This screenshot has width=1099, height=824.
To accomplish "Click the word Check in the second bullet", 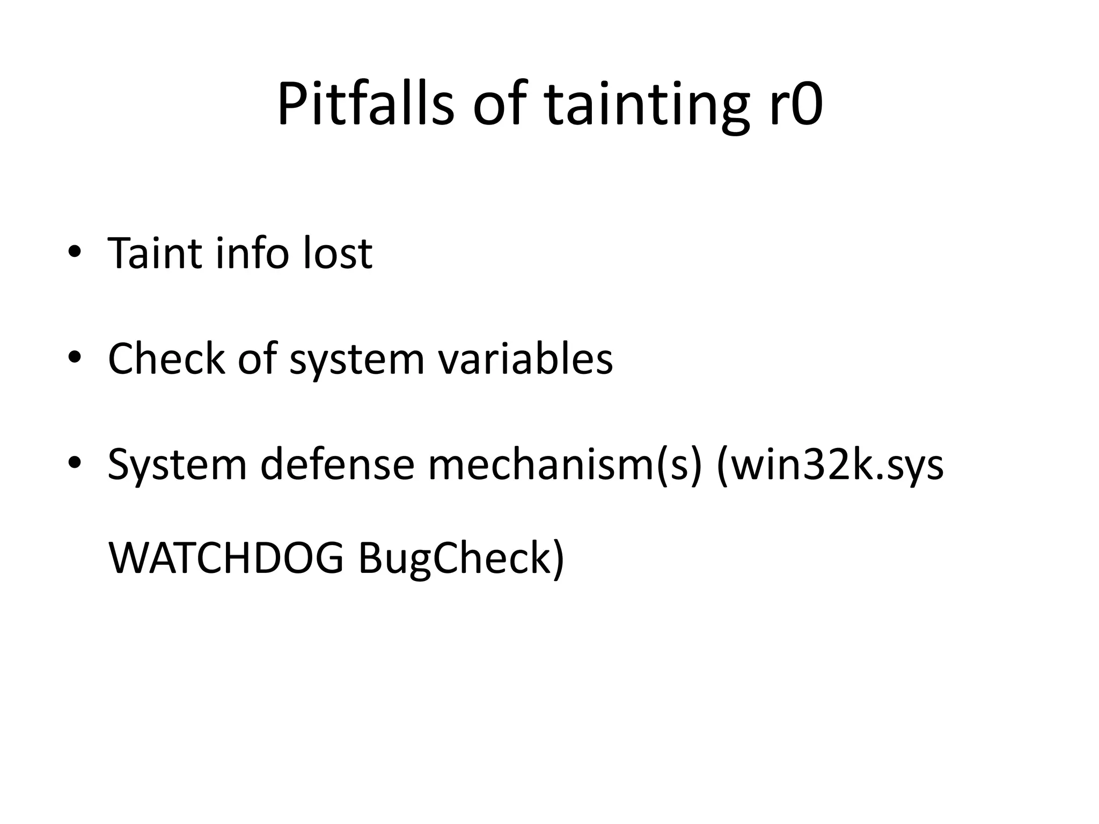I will pyautogui.click(x=166, y=357).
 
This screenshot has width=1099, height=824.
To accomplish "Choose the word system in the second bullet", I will pyautogui.click(x=357, y=358).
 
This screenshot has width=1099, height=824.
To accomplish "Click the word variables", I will pyautogui.click(x=525, y=357).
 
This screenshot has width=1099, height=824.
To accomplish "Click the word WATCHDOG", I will pyautogui.click(x=226, y=558).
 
